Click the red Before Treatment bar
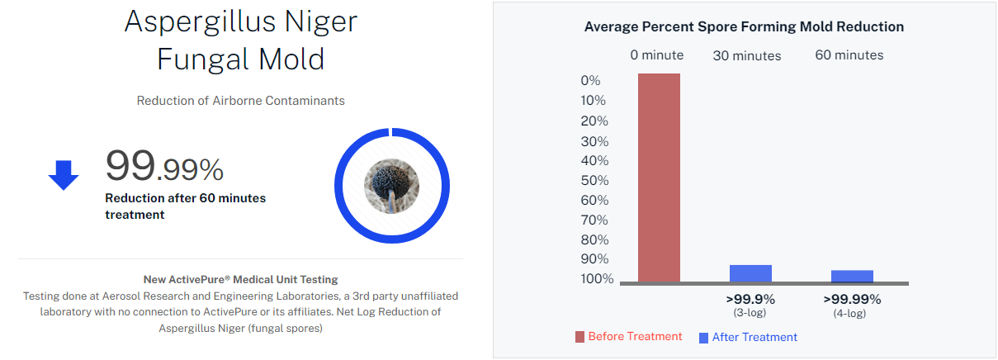point(659,178)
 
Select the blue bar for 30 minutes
point(750,273)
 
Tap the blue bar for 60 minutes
point(852,277)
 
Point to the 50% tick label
point(595,181)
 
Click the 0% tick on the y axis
point(591,81)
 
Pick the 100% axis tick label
point(597,279)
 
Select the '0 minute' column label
point(657,55)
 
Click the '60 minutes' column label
point(849,55)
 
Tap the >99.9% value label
point(750,299)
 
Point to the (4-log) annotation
point(849,314)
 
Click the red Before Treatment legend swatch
point(579,337)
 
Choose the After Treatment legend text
point(754,337)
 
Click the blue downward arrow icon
point(64,175)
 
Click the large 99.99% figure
point(164,166)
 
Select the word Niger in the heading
point(321,21)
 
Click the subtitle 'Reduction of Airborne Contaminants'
point(240,101)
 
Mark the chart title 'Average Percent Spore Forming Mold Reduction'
point(744,26)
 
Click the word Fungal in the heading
point(203,60)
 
